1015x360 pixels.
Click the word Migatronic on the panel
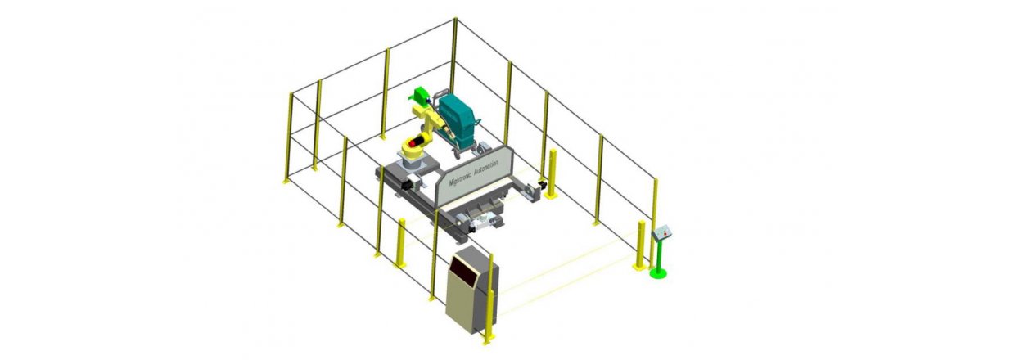tap(459, 177)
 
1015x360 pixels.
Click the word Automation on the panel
tap(485, 166)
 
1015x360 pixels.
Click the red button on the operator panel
tap(665, 234)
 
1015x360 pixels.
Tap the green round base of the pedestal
tap(658, 272)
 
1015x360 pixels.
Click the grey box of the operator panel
tap(662, 232)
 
